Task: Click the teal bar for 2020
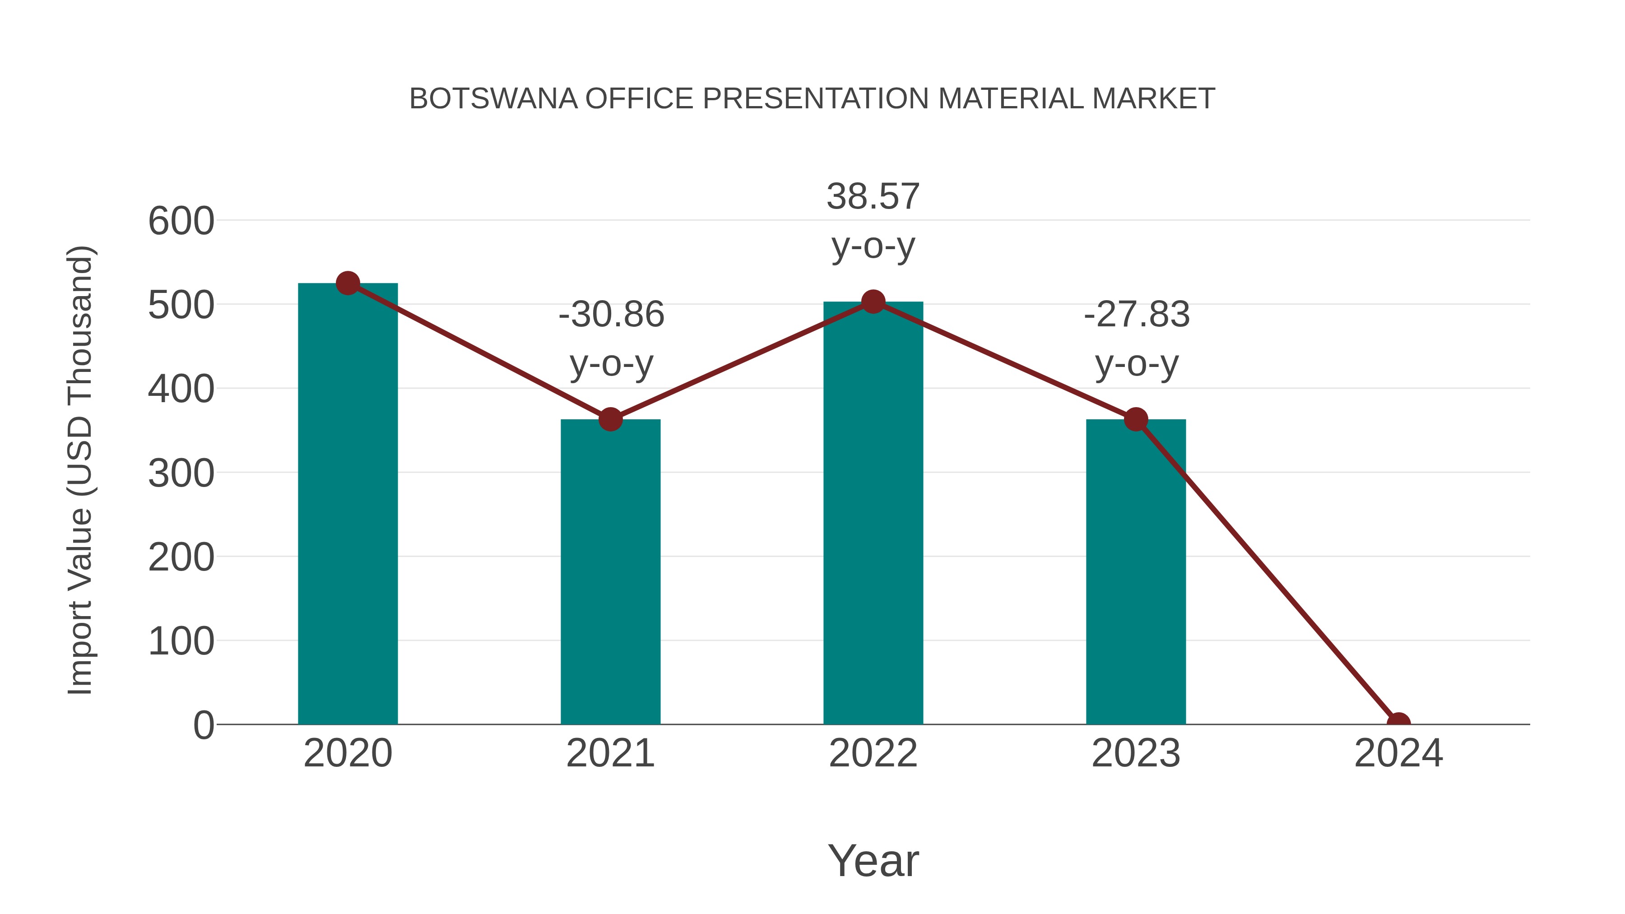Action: click(x=348, y=505)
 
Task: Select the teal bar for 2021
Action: click(x=610, y=571)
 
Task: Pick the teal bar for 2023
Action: click(x=1136, y=571)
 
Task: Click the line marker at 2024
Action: click(x=1398, y=723)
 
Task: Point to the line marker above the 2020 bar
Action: click(x=348, y=283)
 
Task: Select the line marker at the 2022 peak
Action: click(x=873, y=302)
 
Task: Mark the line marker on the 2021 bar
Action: click(x=610, y=419)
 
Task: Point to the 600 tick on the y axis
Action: click(x=181, y=222)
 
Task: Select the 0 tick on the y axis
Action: click(x=204, y=725)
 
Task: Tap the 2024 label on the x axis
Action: click(x=1398, y=753)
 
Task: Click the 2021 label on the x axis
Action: click(x=610, y=753)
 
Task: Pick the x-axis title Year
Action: click(x=873, y=860)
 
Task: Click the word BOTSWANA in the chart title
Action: click(x=493, y=99)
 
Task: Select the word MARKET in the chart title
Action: click(x=1153, y=99)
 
